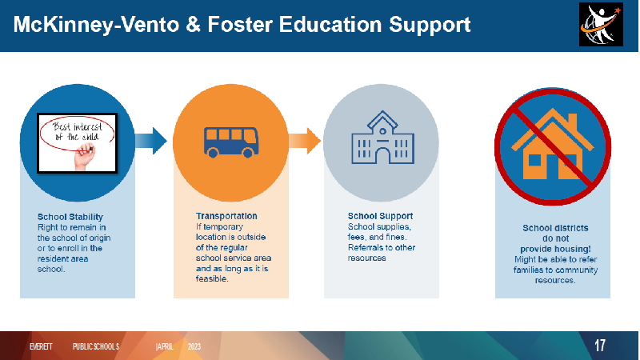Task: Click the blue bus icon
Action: [231, 142]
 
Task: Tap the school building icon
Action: [382, 138]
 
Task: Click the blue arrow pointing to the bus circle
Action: [150, 141]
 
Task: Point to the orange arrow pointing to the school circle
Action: [305, 141]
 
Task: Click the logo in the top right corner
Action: [601, 25]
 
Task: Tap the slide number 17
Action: [599, 346]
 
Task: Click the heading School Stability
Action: [70, 217]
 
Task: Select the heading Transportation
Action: [226, 216]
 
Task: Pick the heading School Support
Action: [381, 216]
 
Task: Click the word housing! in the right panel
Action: [570, 249]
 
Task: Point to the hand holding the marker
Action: [85, 158]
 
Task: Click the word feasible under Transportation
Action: [211, 278]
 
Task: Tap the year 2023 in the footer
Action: [194, 346]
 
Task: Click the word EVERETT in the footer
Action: [41, 346]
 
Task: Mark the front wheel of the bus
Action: [248, 153]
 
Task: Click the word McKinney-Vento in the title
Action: [96, 25]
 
